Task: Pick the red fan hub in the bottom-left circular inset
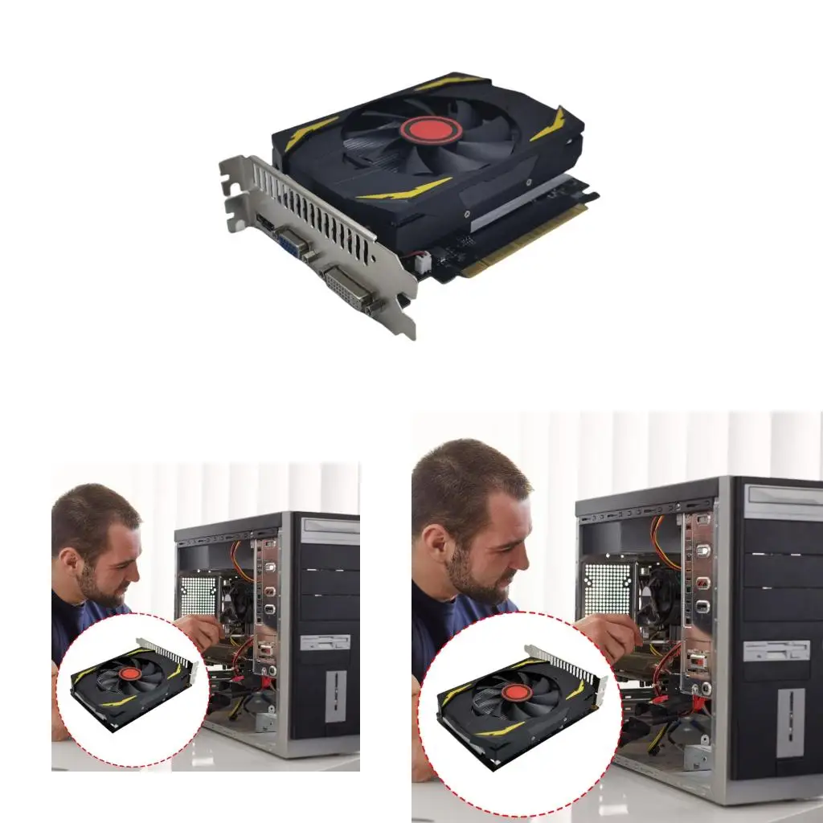click(x=130, y=674)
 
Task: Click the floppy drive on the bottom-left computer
click(x=325, y=642)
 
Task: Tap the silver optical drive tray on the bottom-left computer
click(x=330, y=531)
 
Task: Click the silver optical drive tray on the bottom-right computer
click(x=783, y=502)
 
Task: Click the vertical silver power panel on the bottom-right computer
click(x=790, y=723)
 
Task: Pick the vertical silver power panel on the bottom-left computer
click(x=336, y=696)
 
